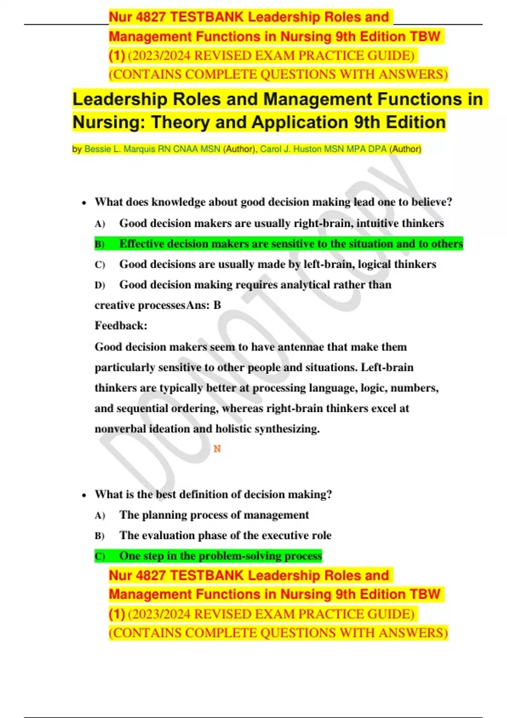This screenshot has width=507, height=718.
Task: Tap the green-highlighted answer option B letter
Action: [x=99, y=244]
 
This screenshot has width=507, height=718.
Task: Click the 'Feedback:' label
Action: [x=121, y=326]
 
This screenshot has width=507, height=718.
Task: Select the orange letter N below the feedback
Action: [x=217, y=449]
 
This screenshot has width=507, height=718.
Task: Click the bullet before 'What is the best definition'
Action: [x=84, y=495]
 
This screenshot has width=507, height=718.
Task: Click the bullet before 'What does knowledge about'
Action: [x=84, y=203]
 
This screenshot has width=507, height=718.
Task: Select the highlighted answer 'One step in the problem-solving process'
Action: [x=220, y=556]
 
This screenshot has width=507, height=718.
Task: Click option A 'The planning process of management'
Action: [x=214, y=515]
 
